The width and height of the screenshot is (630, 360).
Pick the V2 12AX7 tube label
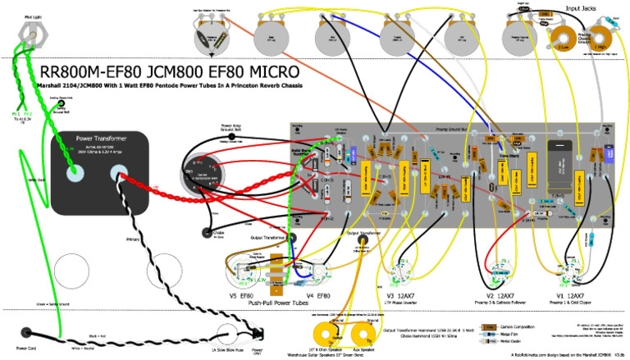click(x=500, y=294)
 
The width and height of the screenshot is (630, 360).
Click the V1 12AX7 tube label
click(x=572, y=294)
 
